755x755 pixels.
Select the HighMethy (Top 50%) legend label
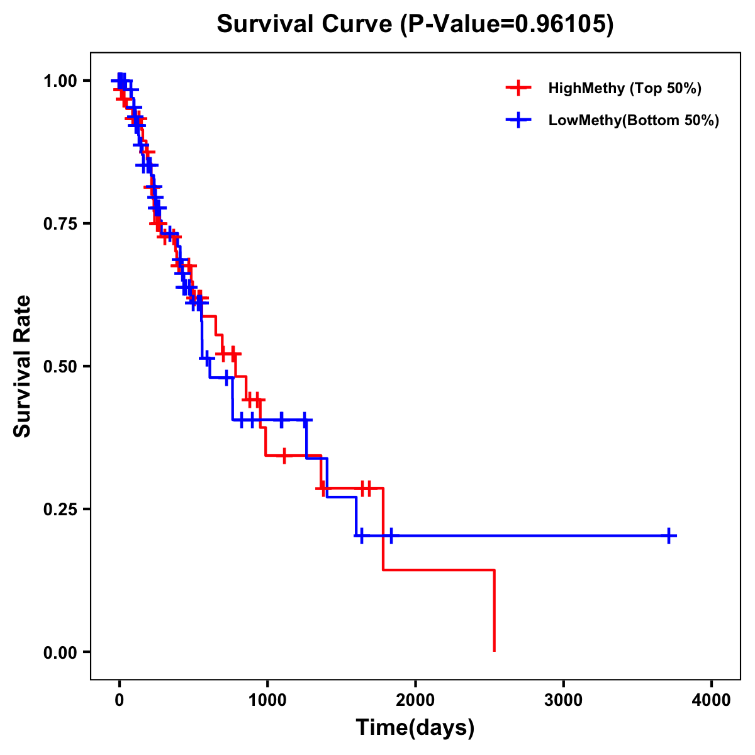point(624,88)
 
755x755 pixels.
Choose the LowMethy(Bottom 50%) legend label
point(634,120)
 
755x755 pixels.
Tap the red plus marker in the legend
point(518,88)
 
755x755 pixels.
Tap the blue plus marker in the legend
point(518,120)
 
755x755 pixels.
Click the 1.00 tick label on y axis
point(60,81)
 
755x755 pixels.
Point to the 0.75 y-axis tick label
point(60,223)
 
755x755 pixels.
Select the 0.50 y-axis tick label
point(60,366)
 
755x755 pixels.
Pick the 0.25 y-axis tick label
point(60,509)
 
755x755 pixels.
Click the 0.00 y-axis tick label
point(60,652)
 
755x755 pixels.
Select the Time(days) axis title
point(415,728)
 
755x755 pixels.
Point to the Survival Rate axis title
point(23,366)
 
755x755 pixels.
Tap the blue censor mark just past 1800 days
point(391,536)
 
